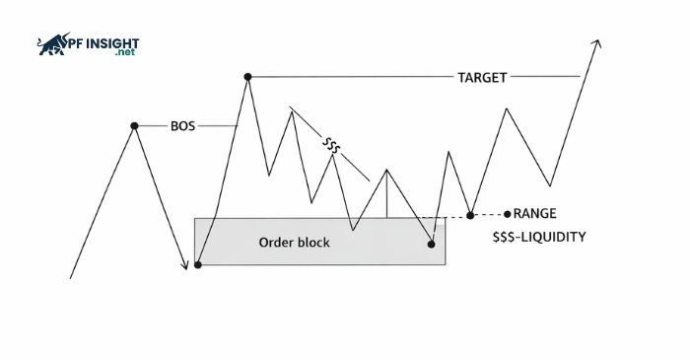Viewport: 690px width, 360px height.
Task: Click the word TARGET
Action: point(482,77)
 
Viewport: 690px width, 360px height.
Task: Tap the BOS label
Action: point(183,126)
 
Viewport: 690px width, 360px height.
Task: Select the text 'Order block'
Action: point(294,242)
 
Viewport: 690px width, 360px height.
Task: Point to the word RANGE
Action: point(535,213)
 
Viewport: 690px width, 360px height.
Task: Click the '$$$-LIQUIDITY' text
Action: point(538,237)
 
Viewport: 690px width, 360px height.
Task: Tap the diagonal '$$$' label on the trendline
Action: point(332,147)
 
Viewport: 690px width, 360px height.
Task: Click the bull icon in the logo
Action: point(50,44)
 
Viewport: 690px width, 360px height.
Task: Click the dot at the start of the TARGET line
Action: point(247,76)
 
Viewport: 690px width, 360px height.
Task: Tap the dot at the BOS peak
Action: point(134,126)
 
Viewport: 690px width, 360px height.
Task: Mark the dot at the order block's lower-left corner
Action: point(198,264)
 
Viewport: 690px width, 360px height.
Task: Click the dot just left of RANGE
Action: point(507,213)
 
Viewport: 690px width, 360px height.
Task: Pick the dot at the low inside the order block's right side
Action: point(432,244)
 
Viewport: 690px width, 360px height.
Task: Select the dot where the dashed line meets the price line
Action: point(471,215)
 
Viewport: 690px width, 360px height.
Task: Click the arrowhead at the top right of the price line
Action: point(596,43)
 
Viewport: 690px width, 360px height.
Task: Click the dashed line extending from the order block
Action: point(456,216)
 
